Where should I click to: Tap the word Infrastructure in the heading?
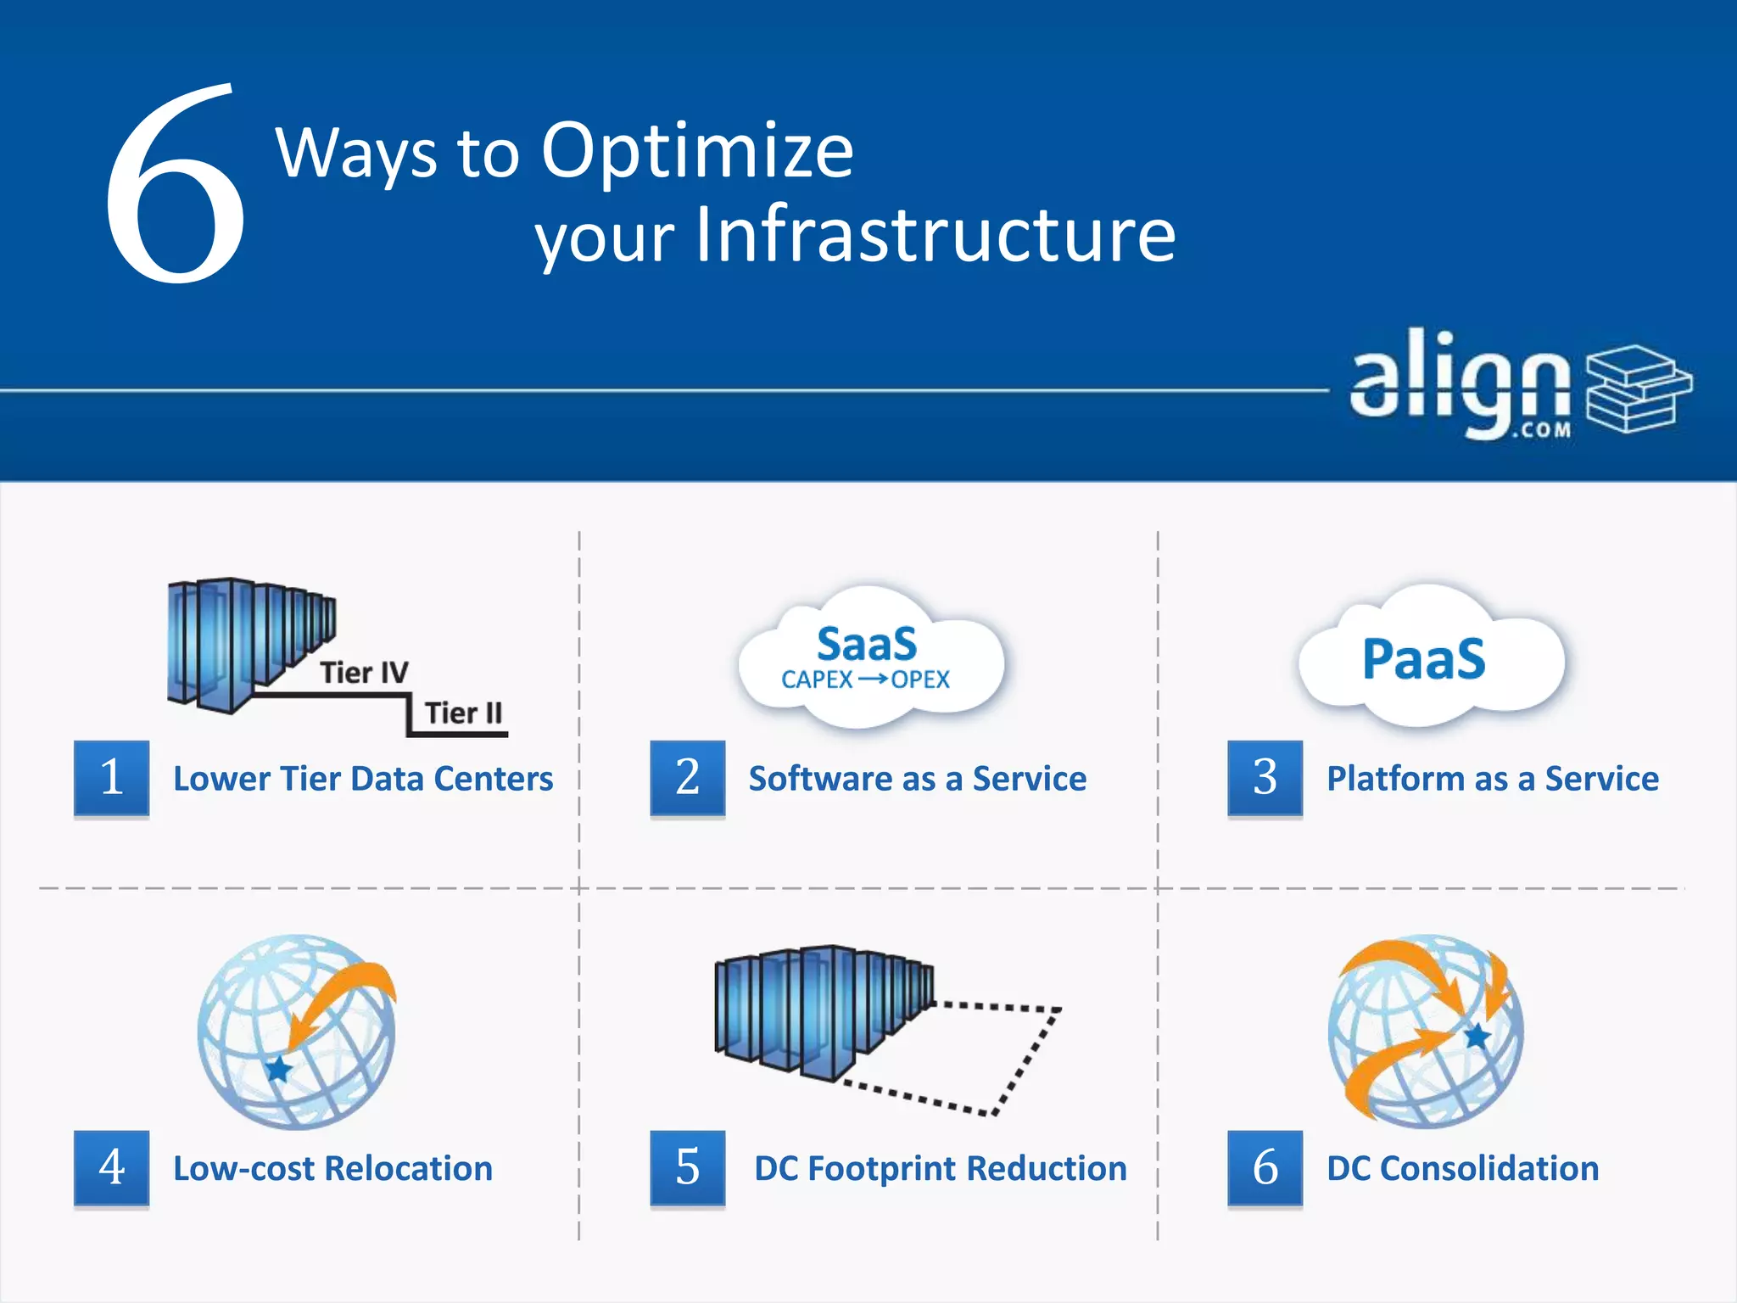(935, 235)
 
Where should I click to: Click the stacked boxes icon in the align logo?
(1638, 389)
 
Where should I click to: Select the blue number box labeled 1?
(111, 777)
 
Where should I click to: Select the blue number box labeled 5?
(687, 1167)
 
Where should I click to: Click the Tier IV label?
(364, 673)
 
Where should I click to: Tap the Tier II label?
(463, 713)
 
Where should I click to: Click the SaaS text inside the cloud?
(866, 644)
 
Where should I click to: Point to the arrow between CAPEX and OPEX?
(872, 679)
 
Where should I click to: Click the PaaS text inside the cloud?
(1423, 660)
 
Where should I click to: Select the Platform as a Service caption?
(1492, 779)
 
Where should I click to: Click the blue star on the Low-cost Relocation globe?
(278, 1069)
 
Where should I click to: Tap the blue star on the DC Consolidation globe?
(1477, 1036)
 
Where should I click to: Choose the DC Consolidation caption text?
(1462, 1169)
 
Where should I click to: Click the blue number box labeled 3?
(1265, 777)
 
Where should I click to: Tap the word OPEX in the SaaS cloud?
(920, 680)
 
